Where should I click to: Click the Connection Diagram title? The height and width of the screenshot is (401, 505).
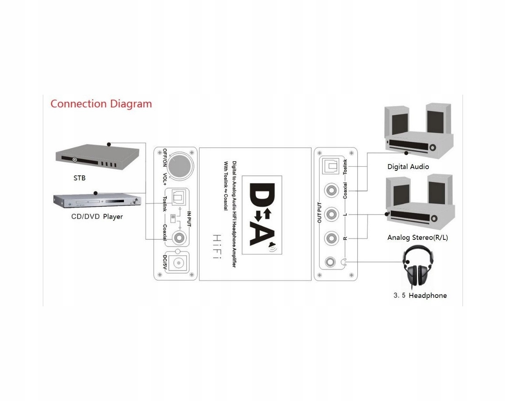(x=101, y=104)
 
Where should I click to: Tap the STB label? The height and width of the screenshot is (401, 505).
(x=79, y=178)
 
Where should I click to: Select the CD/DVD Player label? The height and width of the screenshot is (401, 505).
(x=97, y=217)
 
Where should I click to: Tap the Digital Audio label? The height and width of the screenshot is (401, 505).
(x=408, y=167)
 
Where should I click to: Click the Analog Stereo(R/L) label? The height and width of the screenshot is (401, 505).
(x=417, y=238)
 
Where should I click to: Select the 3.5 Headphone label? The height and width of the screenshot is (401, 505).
(x=420, y=295)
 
